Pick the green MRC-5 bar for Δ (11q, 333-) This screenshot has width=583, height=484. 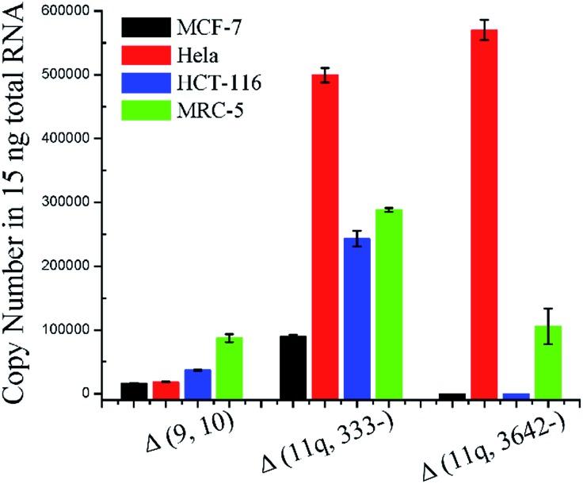click(x=388, y=302)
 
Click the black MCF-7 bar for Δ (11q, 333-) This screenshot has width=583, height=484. click(x=293, y=365)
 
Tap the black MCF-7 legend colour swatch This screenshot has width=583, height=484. click(x=146, y=30)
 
